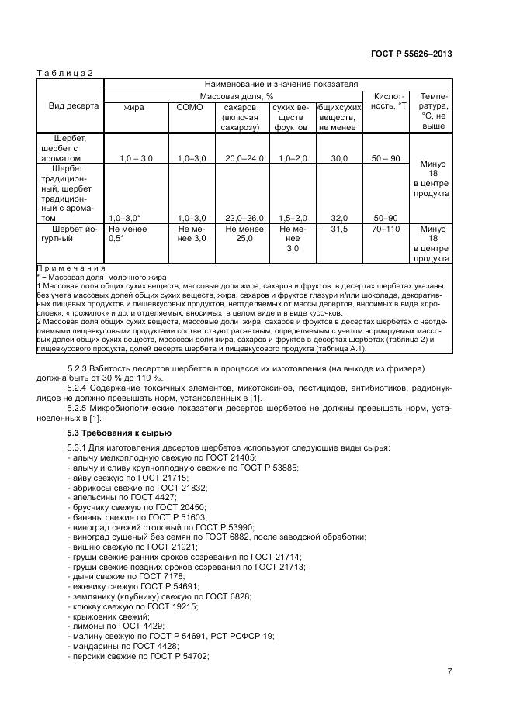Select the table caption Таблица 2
click(65, 73)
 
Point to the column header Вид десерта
click(74, 106)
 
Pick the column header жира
click(133, 106)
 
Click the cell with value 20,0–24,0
click(244, 158)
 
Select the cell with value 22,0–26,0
click(244, 219)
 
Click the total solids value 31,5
click(338, 230)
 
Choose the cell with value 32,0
click(338, 219)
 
